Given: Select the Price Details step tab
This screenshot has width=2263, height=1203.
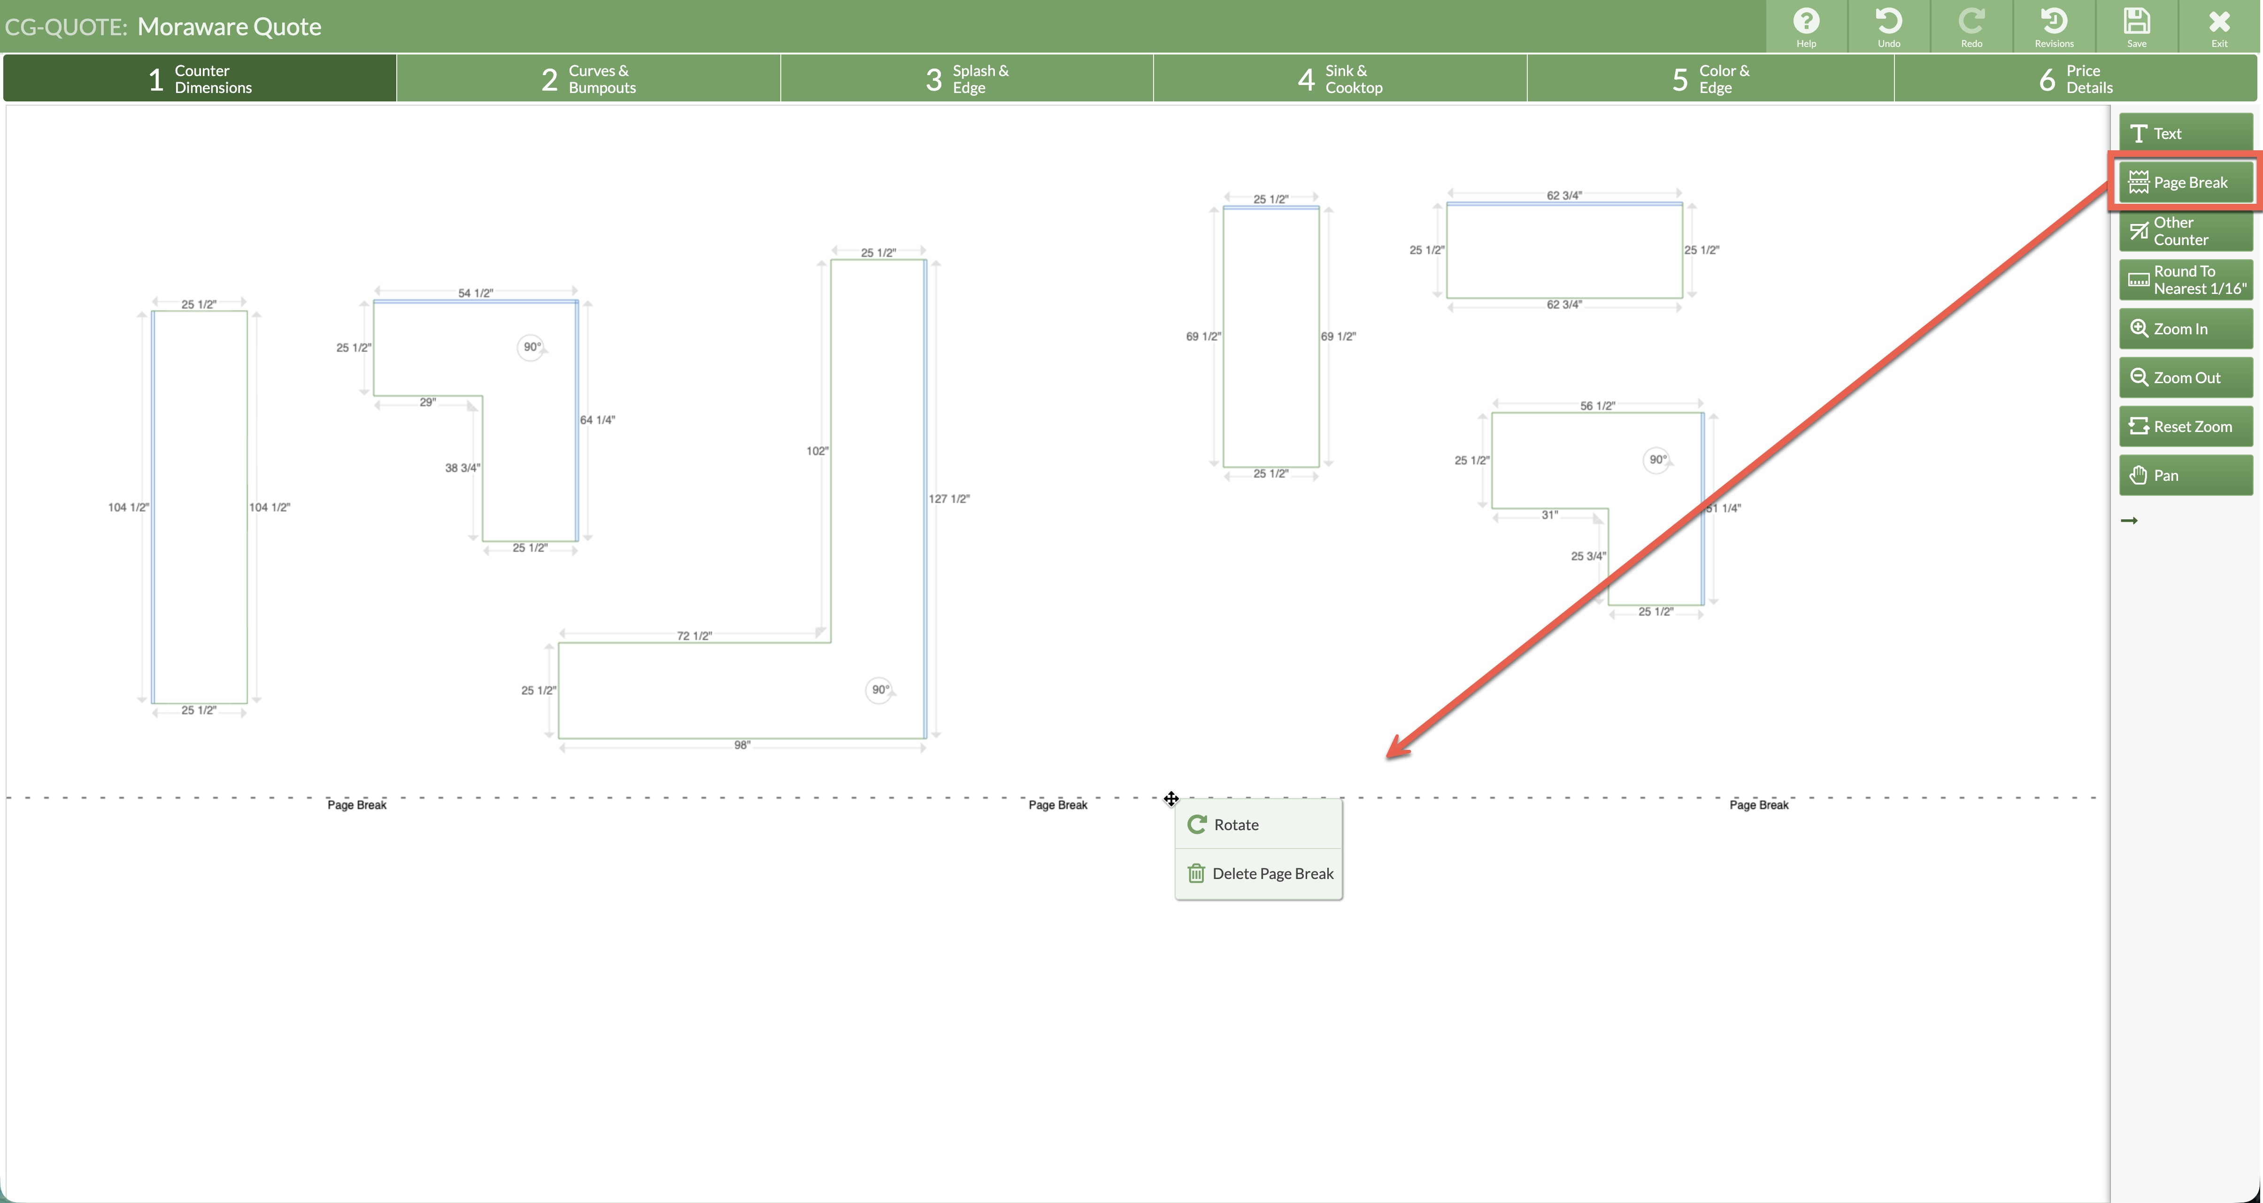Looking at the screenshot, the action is tap(2075, 78).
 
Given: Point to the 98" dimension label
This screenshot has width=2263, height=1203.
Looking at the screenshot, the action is tap(742, 745).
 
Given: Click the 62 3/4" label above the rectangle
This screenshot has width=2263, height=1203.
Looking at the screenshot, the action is tap(1564, 195).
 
